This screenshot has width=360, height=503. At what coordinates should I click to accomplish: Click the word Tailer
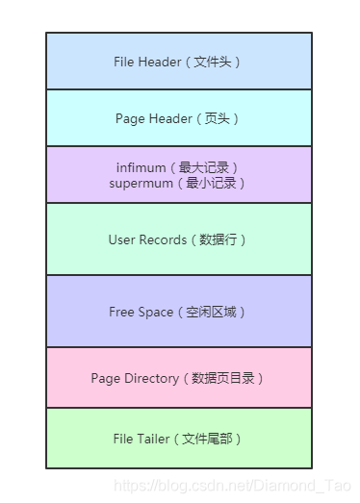tap(153, 439)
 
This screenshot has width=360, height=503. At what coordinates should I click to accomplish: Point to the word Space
tap(156, 313)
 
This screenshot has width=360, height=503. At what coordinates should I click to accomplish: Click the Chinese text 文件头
tap(212, 62)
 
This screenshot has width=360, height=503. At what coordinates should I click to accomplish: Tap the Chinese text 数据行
tap(219, 239)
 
